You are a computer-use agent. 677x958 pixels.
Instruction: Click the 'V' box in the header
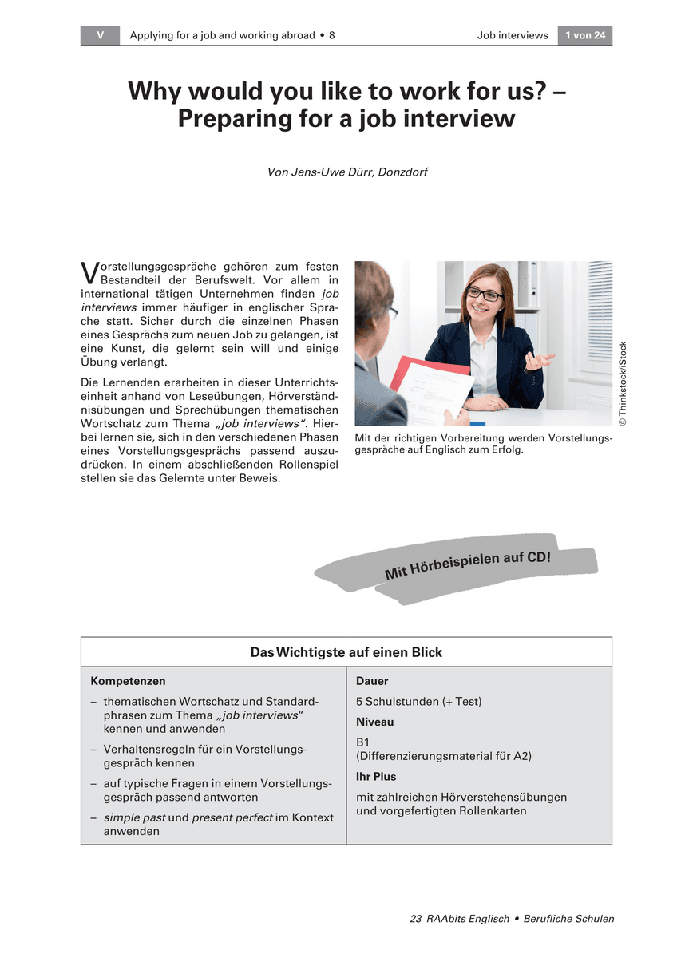tap(100, 35)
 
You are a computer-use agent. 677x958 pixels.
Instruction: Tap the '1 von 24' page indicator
tap(584, 35)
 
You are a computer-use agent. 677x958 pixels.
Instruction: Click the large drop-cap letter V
tap(89, 273)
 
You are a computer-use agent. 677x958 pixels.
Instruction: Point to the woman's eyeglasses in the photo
tap(485, 295)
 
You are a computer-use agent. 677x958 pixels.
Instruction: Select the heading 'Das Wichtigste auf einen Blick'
tap(346, 652)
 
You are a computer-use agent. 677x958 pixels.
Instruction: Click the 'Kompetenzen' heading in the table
tap(129, 681)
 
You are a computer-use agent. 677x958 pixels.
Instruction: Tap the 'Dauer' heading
tap(372, 681)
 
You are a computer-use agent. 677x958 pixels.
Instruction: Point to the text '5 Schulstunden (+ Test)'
tap(418, 701)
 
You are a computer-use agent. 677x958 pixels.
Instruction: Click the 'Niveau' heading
tap(375, 722)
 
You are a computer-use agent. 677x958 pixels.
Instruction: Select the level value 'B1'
tap(363, 742)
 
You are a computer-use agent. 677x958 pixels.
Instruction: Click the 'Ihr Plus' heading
tap(376, 776)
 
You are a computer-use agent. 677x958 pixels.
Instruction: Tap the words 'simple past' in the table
tap(133, 817)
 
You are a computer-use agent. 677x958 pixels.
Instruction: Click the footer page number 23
tap(415, 919)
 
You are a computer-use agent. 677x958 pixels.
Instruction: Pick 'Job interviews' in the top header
tap(513, 35)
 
